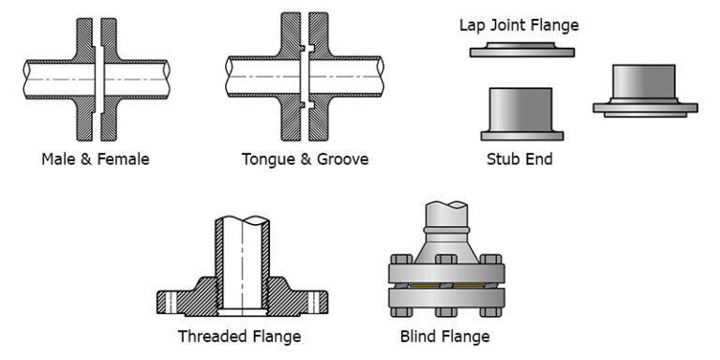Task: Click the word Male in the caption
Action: [58, 159]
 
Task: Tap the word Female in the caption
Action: [122, 159]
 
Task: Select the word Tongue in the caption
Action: [267, 159]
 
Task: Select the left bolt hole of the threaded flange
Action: [172, 302]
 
